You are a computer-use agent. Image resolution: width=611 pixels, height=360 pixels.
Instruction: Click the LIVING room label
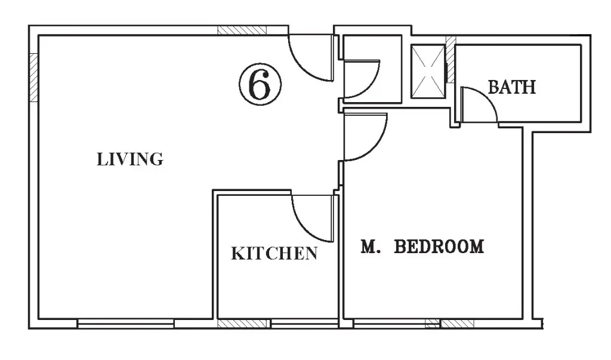pos(129,159)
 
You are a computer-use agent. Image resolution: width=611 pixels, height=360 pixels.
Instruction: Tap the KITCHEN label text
pos(274,254)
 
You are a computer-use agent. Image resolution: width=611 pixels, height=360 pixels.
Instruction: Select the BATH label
pos(512,87)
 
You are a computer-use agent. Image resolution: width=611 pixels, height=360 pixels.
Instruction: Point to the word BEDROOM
pos(439,247)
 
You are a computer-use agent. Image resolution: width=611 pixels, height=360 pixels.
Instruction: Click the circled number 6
pos(260,85)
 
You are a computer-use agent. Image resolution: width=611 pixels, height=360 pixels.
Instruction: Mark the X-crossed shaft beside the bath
pos(428,72)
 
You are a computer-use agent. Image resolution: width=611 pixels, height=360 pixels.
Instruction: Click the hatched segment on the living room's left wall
pos(34,77)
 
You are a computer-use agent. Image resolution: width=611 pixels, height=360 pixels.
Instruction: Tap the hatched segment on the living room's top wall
pos(242,30)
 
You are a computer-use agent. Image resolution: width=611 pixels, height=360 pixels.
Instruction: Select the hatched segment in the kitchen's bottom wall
pos(243,324)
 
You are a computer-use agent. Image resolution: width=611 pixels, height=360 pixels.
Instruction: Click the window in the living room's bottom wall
pos(125,324)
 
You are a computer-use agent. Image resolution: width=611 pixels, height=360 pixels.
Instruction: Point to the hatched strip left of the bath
pos(450,60)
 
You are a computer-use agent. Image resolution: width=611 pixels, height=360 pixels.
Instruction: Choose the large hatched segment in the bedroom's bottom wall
pos(457,324)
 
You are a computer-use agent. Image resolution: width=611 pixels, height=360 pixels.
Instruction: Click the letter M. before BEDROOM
pos(370,247)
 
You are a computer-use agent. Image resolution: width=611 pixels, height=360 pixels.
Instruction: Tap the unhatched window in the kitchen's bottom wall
pos(304,324)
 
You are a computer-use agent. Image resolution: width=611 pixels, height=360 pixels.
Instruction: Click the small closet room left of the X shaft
pos(372,69)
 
